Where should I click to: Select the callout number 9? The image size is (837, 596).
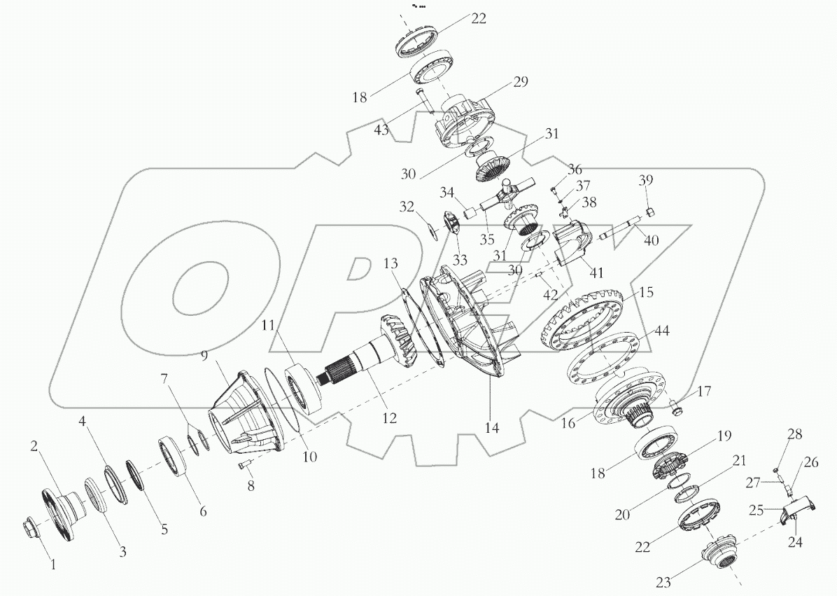(x=204, y=356)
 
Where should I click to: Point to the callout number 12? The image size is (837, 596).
(x=389, y=417)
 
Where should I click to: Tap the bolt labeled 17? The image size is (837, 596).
(x=677, y=404)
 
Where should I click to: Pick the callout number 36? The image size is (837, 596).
(x=575, y=169)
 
